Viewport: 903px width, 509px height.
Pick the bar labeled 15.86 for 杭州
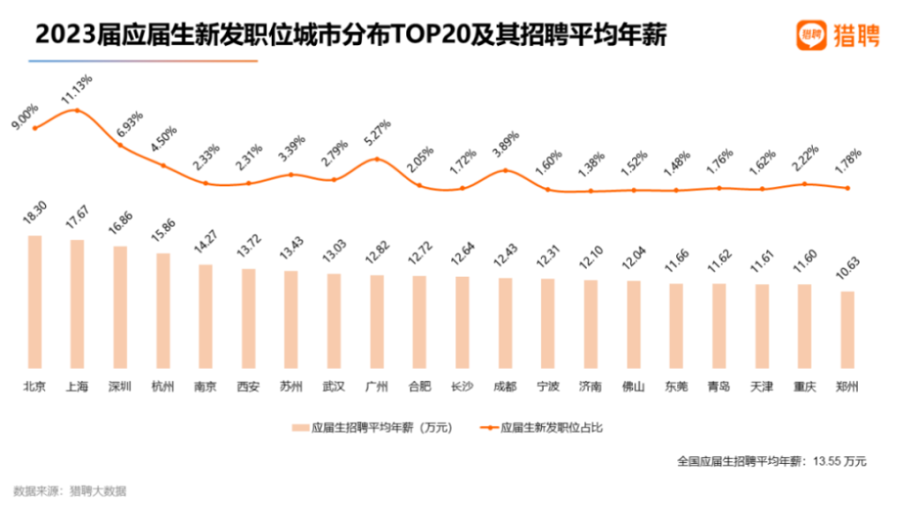163,310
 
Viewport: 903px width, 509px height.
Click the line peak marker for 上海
77,110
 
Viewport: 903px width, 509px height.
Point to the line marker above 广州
377,158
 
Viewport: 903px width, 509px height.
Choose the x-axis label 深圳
120,386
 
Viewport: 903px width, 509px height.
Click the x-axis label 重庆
804,386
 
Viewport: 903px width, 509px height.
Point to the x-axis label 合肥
420,386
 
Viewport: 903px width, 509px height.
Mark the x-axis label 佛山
633,386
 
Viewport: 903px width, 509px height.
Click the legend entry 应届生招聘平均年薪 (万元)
372,427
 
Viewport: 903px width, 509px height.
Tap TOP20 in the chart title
414,36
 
